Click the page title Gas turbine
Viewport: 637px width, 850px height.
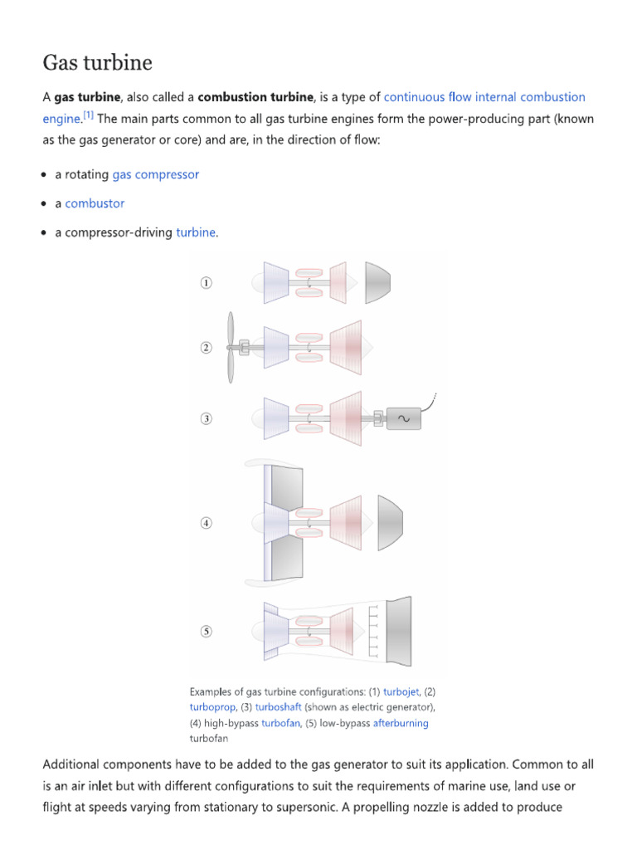coord(98,62)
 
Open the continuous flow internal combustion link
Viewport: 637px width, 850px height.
coord(484,97)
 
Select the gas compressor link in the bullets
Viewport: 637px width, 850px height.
coord(155,174)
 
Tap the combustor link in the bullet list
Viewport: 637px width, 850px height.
coord(95,203)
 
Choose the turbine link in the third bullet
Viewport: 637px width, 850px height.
coord(196,232)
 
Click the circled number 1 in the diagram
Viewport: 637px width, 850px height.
coord(206,283)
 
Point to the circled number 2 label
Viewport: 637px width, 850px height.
coord(206,348)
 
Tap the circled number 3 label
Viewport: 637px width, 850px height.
coord(206,419)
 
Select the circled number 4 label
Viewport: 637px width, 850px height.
coord(206,523)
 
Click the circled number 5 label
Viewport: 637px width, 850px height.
coord(206,632)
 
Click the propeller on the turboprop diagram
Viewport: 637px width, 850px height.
coord(231,348)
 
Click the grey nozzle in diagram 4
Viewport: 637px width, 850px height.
coord(391,523)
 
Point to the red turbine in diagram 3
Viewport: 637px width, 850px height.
coord(348,419)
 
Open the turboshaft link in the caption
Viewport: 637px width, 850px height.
coord(278,707)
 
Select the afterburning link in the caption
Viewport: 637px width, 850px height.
coord(401,723)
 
